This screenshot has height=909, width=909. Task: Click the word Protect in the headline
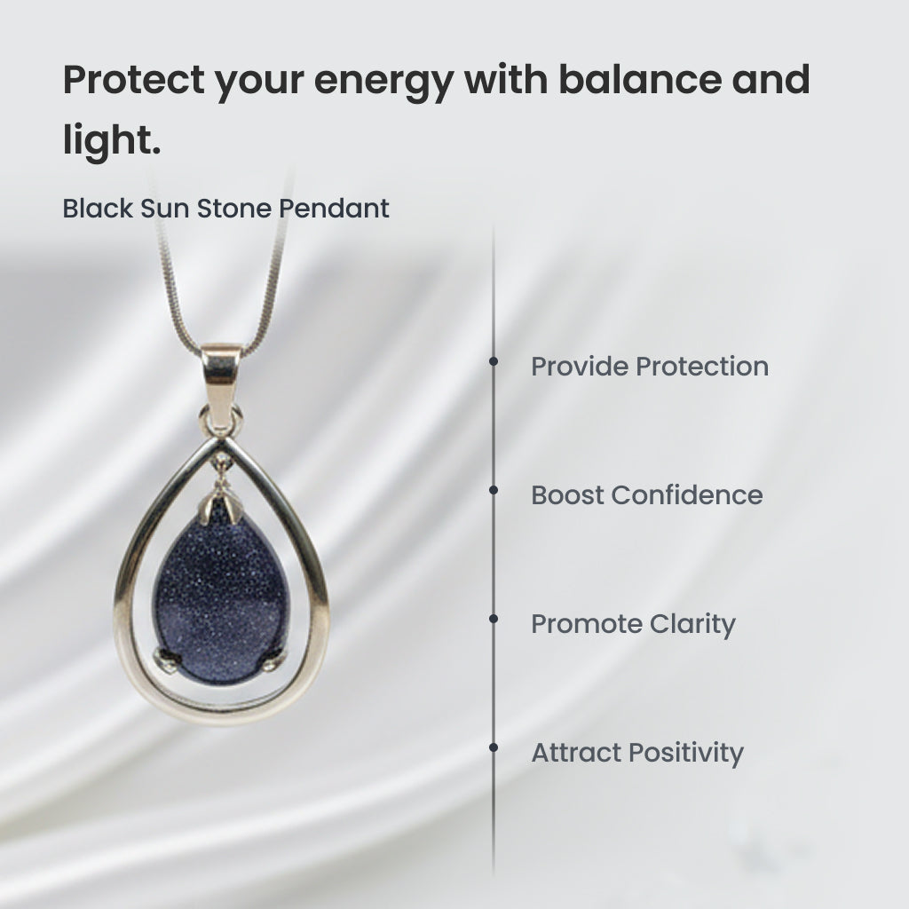pos(134,79)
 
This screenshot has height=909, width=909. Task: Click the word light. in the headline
pos(111,140)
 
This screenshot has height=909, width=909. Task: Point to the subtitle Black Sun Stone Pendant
pos(225,208)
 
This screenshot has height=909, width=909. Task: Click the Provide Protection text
pos(650,367)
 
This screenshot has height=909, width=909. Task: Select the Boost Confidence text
pos(647,495)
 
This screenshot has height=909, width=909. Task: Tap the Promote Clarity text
pos(633,624)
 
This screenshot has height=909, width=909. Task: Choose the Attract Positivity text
pos(637,753)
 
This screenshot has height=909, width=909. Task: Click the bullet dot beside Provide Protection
pos(494,361)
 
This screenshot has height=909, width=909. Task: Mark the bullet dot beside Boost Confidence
pos(494,490)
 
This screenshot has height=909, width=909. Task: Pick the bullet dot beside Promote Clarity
pos(494,619)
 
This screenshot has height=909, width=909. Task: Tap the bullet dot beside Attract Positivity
pos(494,747)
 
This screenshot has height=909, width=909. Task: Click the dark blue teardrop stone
pos(220,597)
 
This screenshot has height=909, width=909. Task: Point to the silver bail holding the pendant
pos(220,385)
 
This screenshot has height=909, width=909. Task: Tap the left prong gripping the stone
pos(164,660)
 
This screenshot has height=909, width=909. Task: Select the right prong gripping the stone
pos(275,659)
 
